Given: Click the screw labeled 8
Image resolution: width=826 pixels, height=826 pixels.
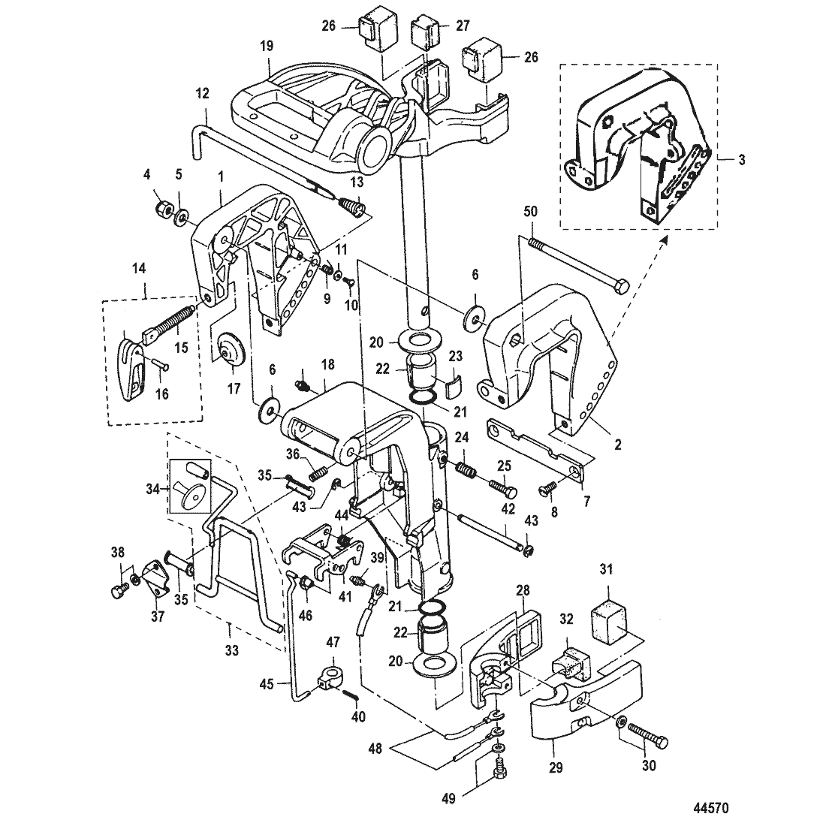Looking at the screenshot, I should point(547,489).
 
